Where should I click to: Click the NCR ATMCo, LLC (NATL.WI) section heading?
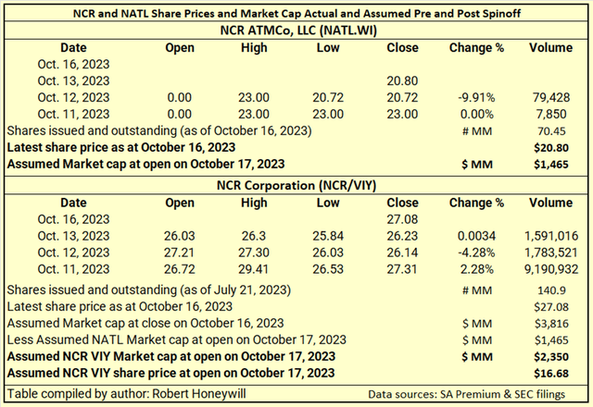[298, 31]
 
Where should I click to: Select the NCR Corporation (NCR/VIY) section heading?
[296, 185]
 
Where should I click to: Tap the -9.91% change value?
[476, 97]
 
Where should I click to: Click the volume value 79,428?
[551, 97]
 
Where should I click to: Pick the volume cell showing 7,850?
[551, 114]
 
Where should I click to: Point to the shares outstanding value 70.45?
[552, 131]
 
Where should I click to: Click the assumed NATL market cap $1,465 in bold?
[551, 165]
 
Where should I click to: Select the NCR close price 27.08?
[402, 219]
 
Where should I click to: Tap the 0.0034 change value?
[476, 236]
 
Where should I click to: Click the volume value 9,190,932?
[551, 269]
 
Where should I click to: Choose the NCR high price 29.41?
[253, 269]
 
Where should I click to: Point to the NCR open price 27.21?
[179, 253]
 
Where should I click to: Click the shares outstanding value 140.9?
[552, 290]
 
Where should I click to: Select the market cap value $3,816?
[551, 324]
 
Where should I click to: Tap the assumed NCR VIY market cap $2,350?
[551, 357]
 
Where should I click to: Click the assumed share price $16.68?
[551, 374]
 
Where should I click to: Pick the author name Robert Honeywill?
[199, 394]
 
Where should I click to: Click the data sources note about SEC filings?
[467, 395]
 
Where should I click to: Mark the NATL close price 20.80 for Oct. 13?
[402, 80]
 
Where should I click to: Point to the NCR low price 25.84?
[328, 236]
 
